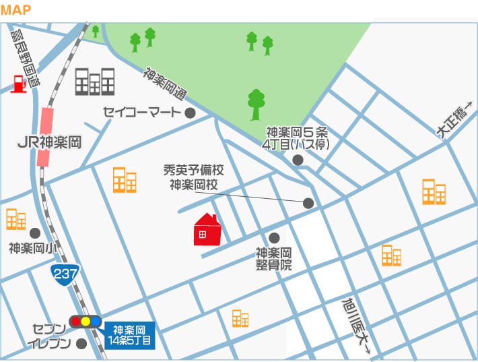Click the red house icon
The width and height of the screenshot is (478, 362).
click(x=207, y=231)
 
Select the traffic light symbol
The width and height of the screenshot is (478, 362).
click(x=85, y=322)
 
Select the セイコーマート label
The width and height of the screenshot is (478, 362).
click(x=143, y=112)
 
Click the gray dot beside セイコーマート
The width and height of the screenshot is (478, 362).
click(x=191, y=112)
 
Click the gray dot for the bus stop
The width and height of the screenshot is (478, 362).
click(x=298, y=160)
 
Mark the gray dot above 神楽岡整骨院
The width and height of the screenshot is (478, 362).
click(x=274, y=237)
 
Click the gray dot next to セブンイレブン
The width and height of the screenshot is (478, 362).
click(x=82, y=344)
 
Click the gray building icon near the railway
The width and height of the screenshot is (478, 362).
click(x=94, y=82)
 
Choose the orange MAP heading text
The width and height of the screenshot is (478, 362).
click(x=16, y=10)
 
